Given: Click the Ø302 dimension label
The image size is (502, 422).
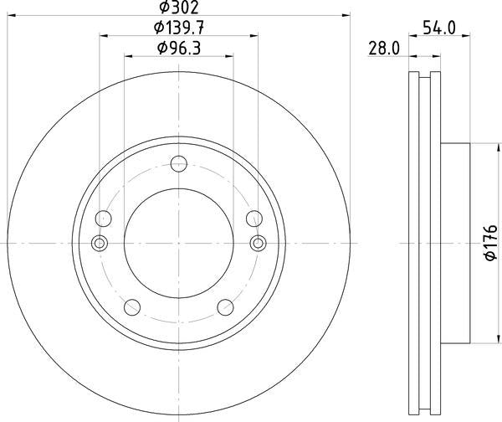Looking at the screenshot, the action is click(x=179, y=7).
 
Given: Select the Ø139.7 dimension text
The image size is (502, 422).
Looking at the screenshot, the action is click(x=179, y=28).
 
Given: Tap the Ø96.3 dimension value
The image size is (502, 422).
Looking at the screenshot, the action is click(x=179, y=49).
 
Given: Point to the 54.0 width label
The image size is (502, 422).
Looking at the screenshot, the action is click(x=439, y=28).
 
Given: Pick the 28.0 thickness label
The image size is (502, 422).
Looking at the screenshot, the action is click(x=384, y=49).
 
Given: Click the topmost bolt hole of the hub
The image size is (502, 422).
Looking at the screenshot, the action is click(x=179, y=164).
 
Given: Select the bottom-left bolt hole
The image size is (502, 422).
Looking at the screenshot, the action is click(x=132, y=307).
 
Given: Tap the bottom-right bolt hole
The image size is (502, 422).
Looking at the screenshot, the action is click(x=225, y=307).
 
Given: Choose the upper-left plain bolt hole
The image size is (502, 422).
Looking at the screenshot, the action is click(x=104, y=219).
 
